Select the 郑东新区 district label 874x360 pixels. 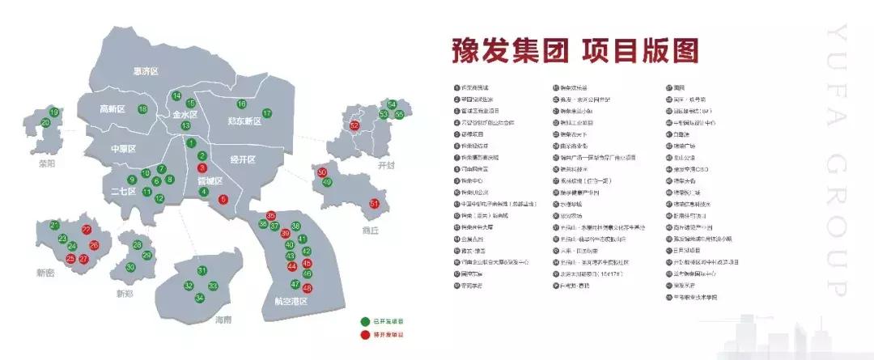click(x=244, y=121)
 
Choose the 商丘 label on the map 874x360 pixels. click(x=371, y=230)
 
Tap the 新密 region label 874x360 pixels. click(x=46, y=274)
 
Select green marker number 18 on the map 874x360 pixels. click(x=142, y=109)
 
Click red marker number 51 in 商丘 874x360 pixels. click(x=374, y=203)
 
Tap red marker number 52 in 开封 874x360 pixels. click(x=354, y=125)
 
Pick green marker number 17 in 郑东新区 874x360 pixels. click(x=267, y=113)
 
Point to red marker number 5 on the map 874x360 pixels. click(x=223, y=199)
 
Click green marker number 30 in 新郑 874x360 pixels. click(x=130, y=268)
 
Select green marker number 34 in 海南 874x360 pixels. click(x=200, y=299)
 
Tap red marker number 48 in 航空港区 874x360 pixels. click(x=307, y=288)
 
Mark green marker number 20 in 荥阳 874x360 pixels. click(x=45, y=122)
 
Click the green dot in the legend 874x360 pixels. click(x=363, y=321)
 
